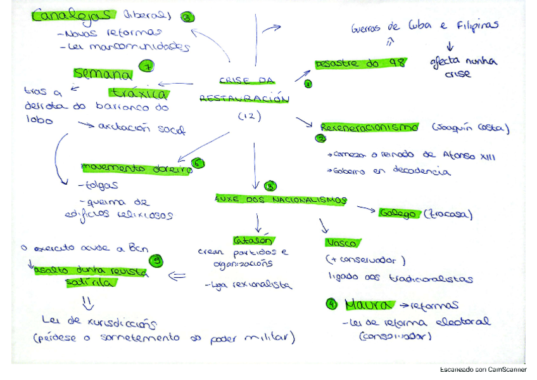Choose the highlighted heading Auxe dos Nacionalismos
point(281,200)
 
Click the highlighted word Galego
point(398,214)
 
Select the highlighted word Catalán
point(253,240)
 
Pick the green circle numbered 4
point(331,304)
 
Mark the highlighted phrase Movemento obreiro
point(136,169)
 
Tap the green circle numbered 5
point(156,261)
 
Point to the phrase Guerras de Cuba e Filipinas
point(424,26)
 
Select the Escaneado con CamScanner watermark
point(483,369)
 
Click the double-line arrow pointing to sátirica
point(177,275)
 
